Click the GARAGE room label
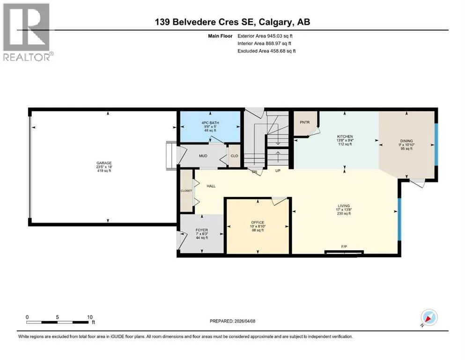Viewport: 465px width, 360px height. pos(104,163)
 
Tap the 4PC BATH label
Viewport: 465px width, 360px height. pos(210,123)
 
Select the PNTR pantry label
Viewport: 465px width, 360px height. pos(304,122)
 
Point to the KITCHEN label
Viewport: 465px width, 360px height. pos(345,136)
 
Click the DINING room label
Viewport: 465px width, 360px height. pos(406,141)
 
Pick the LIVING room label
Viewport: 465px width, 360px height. pos(344,206)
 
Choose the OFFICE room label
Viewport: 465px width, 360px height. pos(258,222)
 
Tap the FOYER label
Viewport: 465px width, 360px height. pos(202,230)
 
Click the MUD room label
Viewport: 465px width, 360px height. pos(203,156)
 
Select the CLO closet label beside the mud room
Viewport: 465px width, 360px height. pos(234,156)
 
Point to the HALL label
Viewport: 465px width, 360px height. pos(211,186)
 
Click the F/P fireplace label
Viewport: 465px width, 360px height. pos(344,247)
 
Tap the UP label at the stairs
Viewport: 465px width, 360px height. pos(278,171)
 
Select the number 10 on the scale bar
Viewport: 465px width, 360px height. pos(90,317)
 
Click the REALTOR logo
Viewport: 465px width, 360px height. pos(28,32)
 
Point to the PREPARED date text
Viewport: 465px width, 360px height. pos(232,321)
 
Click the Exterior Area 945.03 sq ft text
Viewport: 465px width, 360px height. pos(265,36)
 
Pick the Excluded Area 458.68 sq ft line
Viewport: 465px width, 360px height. pos(266,51)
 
